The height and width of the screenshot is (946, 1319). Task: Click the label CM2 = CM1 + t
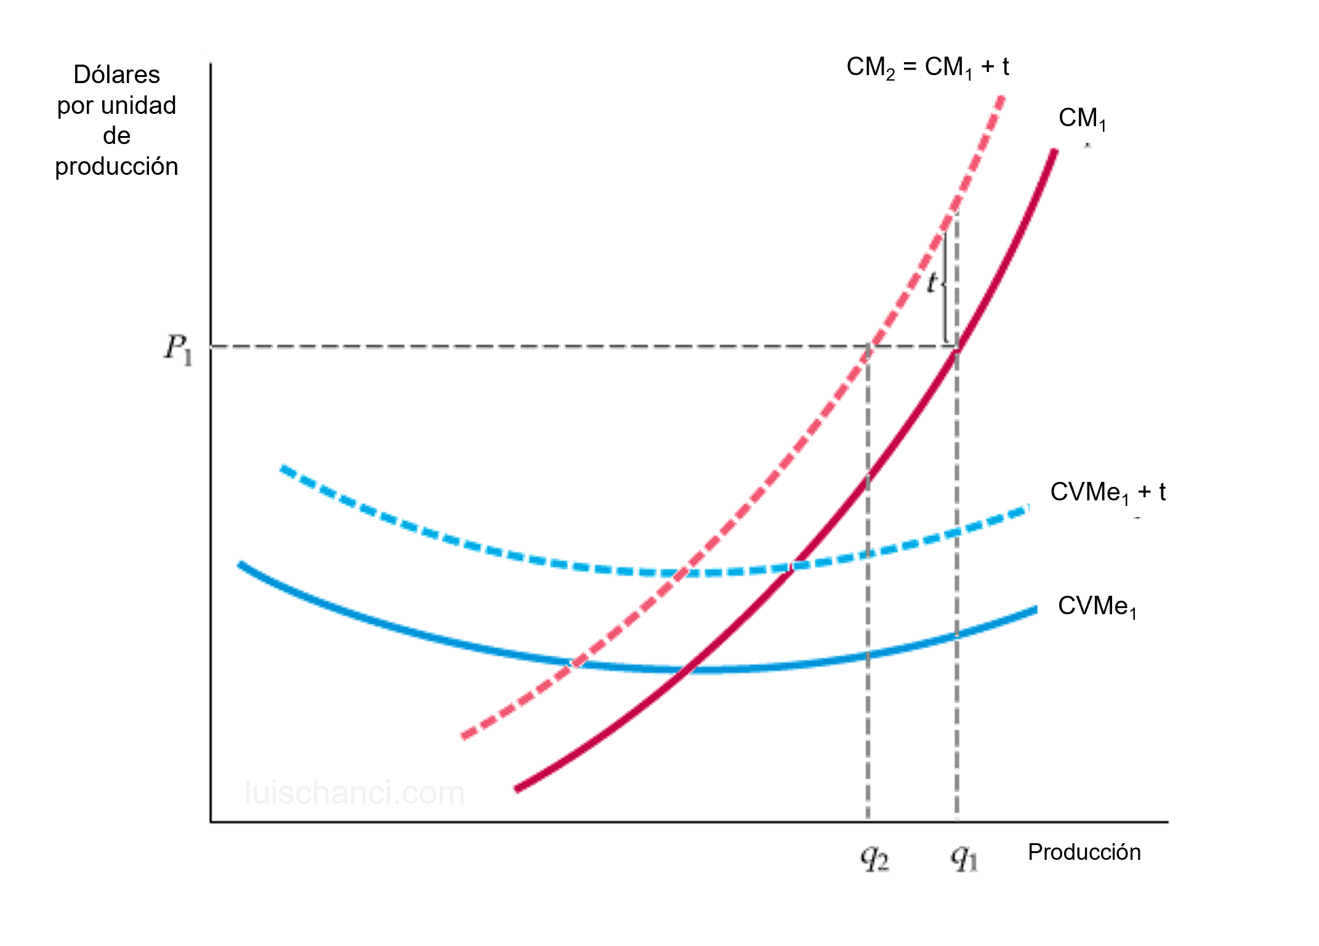click(927, 66)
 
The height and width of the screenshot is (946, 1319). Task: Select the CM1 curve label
click(1082, 118)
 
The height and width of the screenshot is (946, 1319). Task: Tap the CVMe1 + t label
click(1107, 492)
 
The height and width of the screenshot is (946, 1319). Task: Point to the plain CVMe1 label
click(1097, 606)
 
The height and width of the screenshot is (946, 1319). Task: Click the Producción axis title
click(1084, 852)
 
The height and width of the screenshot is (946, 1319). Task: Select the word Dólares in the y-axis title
click(116, 74)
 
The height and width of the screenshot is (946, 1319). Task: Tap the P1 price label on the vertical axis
click(178, 350)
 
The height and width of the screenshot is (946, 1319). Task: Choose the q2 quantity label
click(874, 859)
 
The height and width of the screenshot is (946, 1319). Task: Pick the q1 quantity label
click(964, 859)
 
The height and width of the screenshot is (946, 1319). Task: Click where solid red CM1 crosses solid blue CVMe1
click(687, 668)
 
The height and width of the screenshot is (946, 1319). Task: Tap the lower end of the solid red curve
click(518, 788)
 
